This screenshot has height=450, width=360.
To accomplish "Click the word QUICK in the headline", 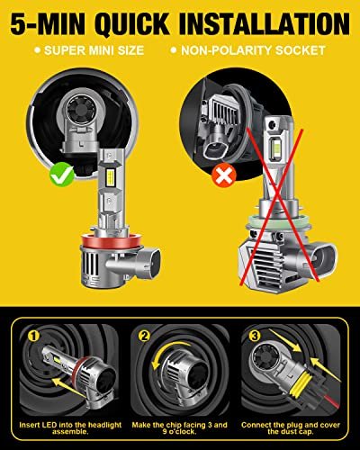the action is tap(132, 23).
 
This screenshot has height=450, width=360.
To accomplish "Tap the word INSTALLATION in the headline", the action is tap(265, 23).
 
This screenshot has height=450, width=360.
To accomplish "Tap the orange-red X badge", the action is tap(224, 175).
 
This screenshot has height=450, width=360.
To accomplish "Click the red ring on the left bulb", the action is tap(105, 239).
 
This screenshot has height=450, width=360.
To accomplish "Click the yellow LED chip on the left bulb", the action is tap(110, 176).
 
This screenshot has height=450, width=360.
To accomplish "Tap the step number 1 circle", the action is tap(33, 336).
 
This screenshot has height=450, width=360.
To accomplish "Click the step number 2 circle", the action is tap(144, 336).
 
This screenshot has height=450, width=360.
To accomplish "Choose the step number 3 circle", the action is tap(255, 336).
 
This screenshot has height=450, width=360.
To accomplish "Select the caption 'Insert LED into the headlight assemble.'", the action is tap(70, 428).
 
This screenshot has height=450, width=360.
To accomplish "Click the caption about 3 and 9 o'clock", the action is tap(180, 428).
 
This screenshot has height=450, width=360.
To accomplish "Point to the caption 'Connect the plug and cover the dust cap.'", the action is tap(291, 428).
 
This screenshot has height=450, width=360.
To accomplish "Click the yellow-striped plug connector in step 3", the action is tap(303, 382).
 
